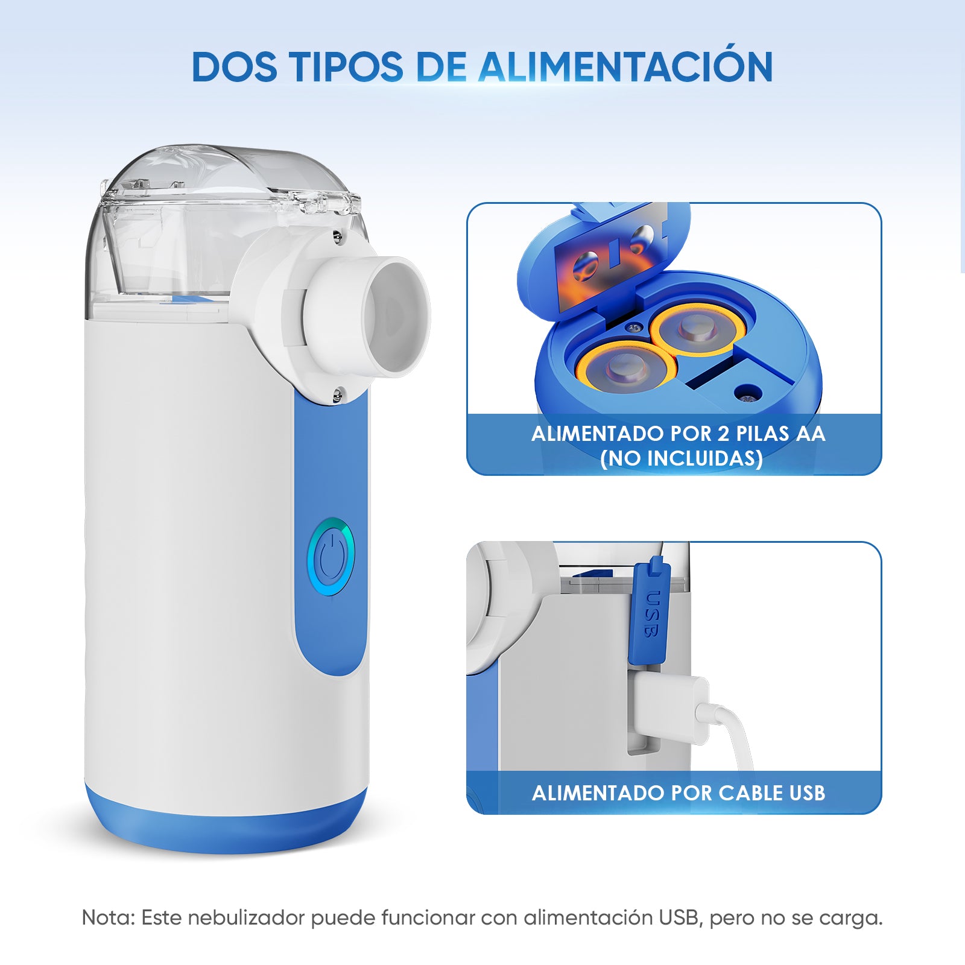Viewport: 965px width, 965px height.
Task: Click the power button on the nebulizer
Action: (x=331, y=557)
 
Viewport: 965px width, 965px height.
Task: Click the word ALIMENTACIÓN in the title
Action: (x=625, y=67)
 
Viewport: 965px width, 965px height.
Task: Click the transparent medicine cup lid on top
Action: (x=229, y=181)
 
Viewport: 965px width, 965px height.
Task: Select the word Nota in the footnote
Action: (x=107, y=918)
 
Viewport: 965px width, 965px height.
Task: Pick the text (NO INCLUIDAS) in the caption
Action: (x=682, y=458)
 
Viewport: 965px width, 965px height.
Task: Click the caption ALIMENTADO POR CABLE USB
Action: (x=678, y=793)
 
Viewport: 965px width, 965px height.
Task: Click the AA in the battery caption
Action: (x=811, y=434)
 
